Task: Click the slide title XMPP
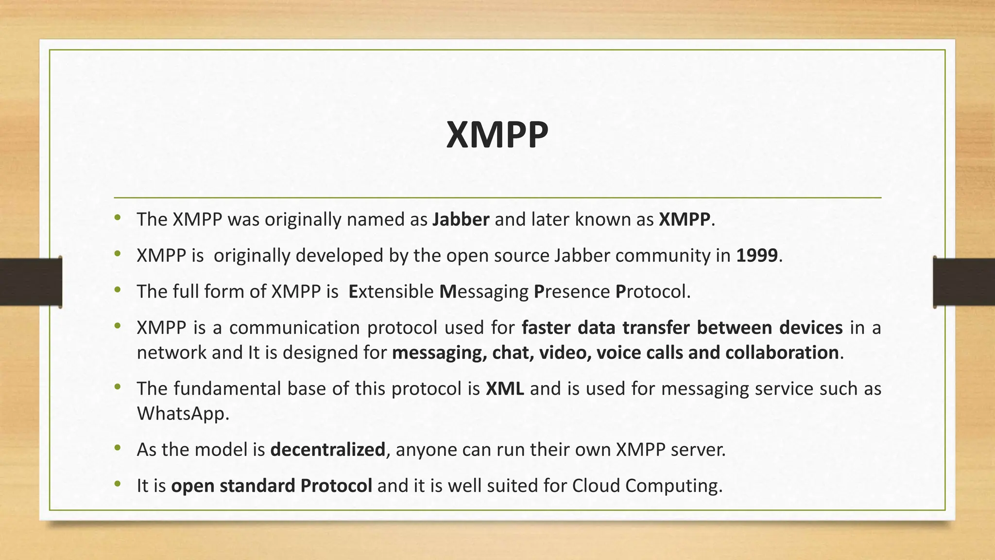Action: pos(497,135)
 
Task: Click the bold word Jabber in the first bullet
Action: pos(461,220)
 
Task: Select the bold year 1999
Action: pos(757,256)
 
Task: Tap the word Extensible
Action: pos(391,292)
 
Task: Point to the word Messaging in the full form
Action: pos(483,292)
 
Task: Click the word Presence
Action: pos(571,292)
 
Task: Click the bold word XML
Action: pos(505,389)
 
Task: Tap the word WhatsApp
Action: pos(182,414)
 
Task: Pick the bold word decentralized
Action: pos(327,450)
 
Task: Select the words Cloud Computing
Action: pos(646,486)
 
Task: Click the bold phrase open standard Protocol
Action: pos(272,486)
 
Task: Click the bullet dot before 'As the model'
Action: pos(117,449)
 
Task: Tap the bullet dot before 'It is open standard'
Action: pos(117,485)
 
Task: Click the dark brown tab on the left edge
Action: pos(30,282)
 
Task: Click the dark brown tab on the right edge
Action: pos(964,282)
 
